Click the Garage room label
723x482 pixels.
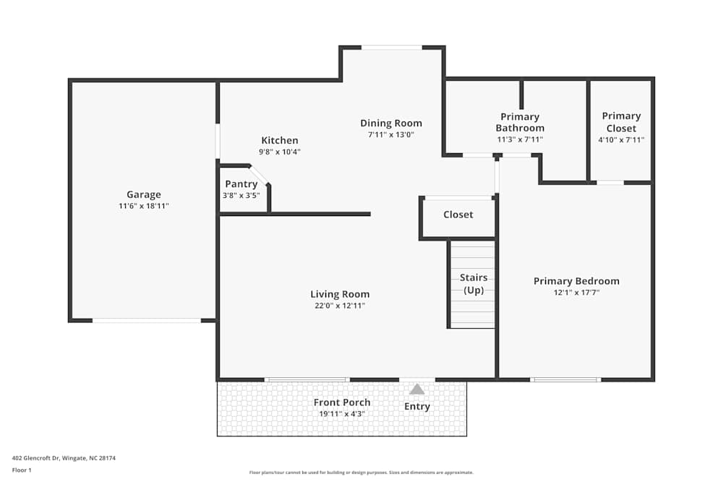(144, 194)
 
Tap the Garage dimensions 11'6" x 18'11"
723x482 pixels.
(144, 206)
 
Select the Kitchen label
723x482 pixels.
(279, 140)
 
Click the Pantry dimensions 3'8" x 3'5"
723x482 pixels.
(241, 195)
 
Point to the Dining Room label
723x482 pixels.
(390, 123)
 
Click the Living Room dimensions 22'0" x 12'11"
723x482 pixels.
(340, 306)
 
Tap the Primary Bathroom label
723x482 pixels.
(520, 122)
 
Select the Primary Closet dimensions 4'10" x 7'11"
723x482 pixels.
(621, 139)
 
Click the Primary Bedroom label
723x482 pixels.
(576, 281)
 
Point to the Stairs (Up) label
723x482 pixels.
(474, 283)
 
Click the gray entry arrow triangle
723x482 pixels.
(417, 390)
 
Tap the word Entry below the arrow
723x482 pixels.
(417, 406)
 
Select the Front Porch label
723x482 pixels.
(342, 403)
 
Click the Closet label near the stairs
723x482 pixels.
(458, 215)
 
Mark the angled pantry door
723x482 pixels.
(259, 176)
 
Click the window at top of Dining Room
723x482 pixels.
(391, 48)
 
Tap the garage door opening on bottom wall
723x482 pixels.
(147, 320)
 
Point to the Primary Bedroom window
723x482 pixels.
(565, 379)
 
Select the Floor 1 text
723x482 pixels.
(22, 470)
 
